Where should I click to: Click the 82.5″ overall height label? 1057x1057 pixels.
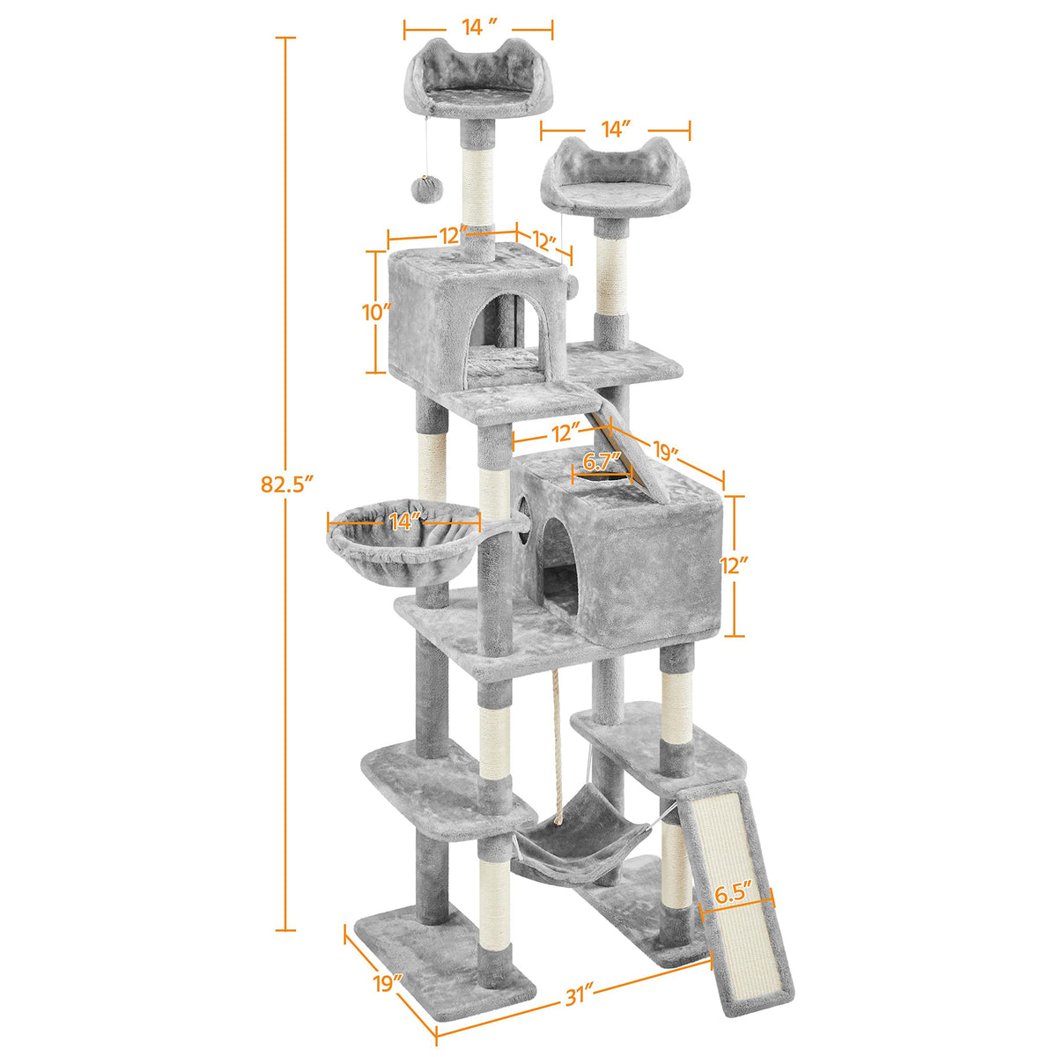[x=287, y=484]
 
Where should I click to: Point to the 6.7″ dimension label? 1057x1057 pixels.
[x=602, y=462]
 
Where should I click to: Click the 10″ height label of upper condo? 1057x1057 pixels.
[x=376, y=312]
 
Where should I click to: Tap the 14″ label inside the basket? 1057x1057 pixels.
[x=405, y=521]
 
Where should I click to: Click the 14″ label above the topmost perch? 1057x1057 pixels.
[x=479, y=27]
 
